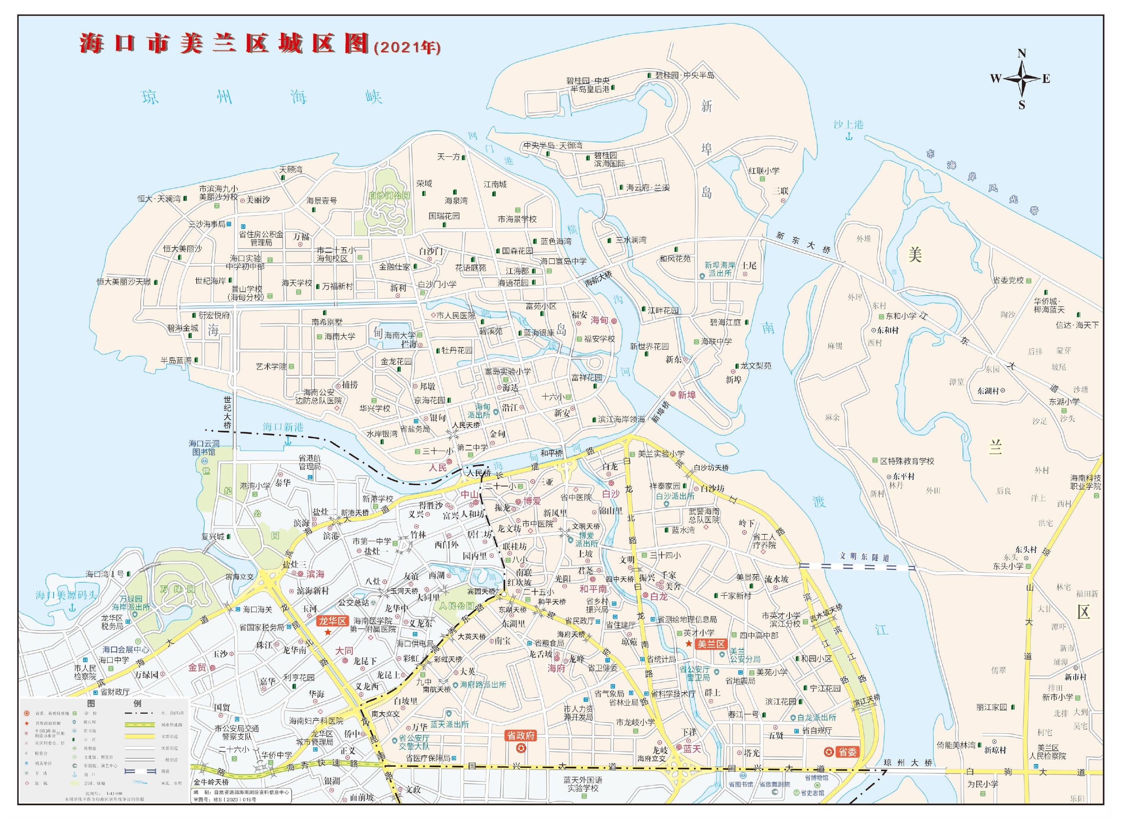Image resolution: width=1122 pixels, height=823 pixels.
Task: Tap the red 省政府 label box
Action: tap(521, 735)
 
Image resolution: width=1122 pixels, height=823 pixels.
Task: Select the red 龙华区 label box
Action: tap(333, 621)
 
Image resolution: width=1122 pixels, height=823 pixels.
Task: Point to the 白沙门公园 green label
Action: tap(389, 195)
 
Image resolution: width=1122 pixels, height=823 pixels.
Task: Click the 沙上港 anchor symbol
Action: tap(849, 136)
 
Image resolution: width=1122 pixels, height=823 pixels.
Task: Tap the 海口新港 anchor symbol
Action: tap(288, 440)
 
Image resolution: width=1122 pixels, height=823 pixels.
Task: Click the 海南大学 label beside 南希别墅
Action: tap(340, 336)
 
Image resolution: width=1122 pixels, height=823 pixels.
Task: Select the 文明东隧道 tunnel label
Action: tap(864, 556)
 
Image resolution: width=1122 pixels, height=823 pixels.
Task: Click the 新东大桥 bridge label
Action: tap(802, 243)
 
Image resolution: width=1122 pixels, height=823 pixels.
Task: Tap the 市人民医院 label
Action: tap(455, 315)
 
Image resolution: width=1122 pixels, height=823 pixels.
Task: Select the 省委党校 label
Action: tap(1008, 280)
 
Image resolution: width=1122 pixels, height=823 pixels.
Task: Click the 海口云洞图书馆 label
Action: tap(204, 447)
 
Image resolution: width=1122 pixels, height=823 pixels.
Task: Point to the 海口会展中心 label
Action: tap(126, 649)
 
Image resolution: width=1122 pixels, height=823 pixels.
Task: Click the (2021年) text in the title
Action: tap(407, 47)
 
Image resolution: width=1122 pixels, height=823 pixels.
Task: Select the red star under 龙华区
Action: tap(328, 632)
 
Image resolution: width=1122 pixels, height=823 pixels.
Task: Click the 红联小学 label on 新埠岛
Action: tap(764, 171)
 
